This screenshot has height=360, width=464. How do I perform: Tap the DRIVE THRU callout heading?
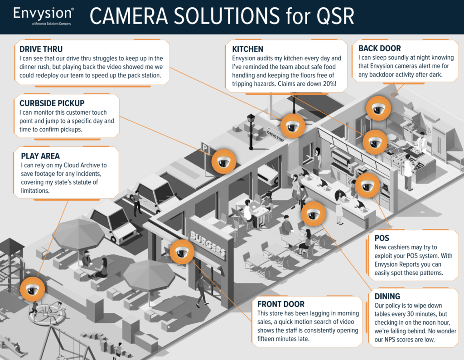point(41,49)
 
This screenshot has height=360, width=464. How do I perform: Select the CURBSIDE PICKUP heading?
point(52,103)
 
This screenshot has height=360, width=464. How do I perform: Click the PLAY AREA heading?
point(40,156)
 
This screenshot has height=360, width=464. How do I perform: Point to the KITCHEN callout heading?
point(248,49)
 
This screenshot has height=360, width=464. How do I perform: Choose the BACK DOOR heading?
point(379,48)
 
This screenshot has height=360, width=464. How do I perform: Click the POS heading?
point(382,238)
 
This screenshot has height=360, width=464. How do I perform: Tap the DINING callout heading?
point(387,296)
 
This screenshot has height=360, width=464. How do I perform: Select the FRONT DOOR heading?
point(281,304)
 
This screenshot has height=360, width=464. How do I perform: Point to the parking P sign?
point(205,147)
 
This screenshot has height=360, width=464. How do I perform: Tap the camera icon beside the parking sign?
point(224,161)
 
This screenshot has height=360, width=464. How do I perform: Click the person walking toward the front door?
point(200,288)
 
